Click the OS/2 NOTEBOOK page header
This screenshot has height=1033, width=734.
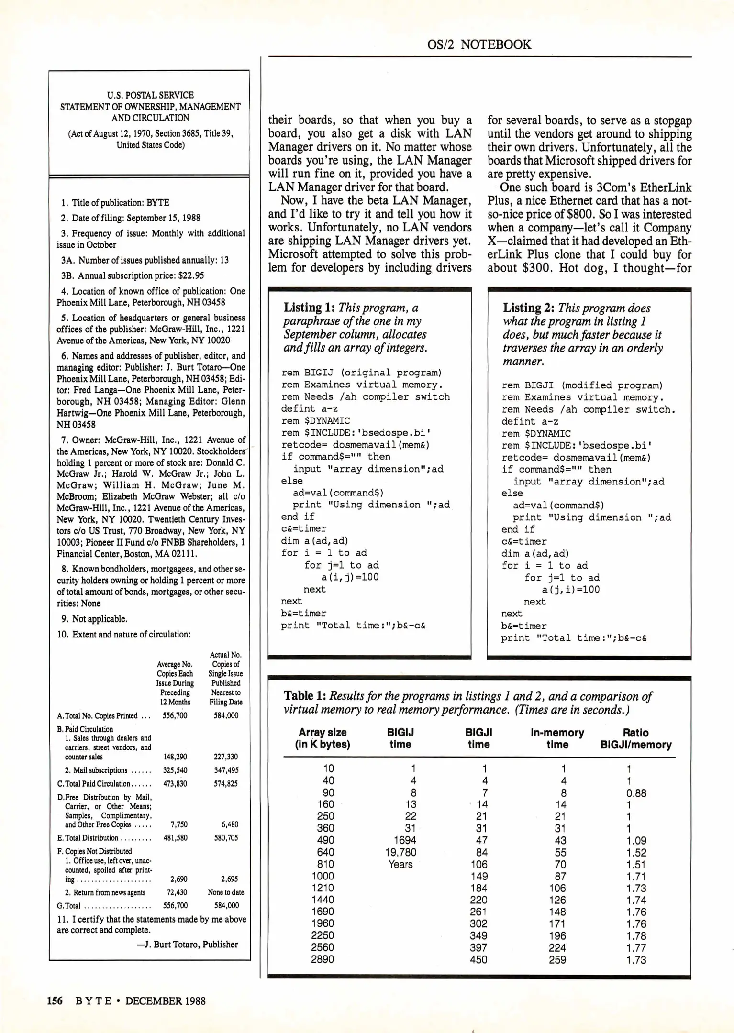coord(479,44)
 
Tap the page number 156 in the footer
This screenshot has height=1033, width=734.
coord(55,1001)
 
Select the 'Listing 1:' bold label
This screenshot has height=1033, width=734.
coord(309,308)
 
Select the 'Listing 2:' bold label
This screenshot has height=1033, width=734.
coord(529,308)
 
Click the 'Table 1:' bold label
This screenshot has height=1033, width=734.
coord(305,696)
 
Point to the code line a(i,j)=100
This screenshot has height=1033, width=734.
coord(350,577)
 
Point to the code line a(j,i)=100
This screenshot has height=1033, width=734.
coord(570,590)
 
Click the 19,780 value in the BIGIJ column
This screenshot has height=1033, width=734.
coord(400,852)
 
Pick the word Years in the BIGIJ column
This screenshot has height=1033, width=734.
coord(400,864)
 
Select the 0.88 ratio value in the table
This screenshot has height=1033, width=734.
coord(636,793)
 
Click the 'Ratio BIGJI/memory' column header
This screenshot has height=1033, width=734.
coord(635,738)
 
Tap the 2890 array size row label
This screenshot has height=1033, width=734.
coord(323,959)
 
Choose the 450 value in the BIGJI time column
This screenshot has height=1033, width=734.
coord(478,959)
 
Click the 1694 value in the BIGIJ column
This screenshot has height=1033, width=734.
coord(405,840)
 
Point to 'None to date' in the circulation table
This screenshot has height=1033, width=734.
coord(226,892)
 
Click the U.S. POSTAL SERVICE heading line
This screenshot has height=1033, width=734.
coord(150,95)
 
